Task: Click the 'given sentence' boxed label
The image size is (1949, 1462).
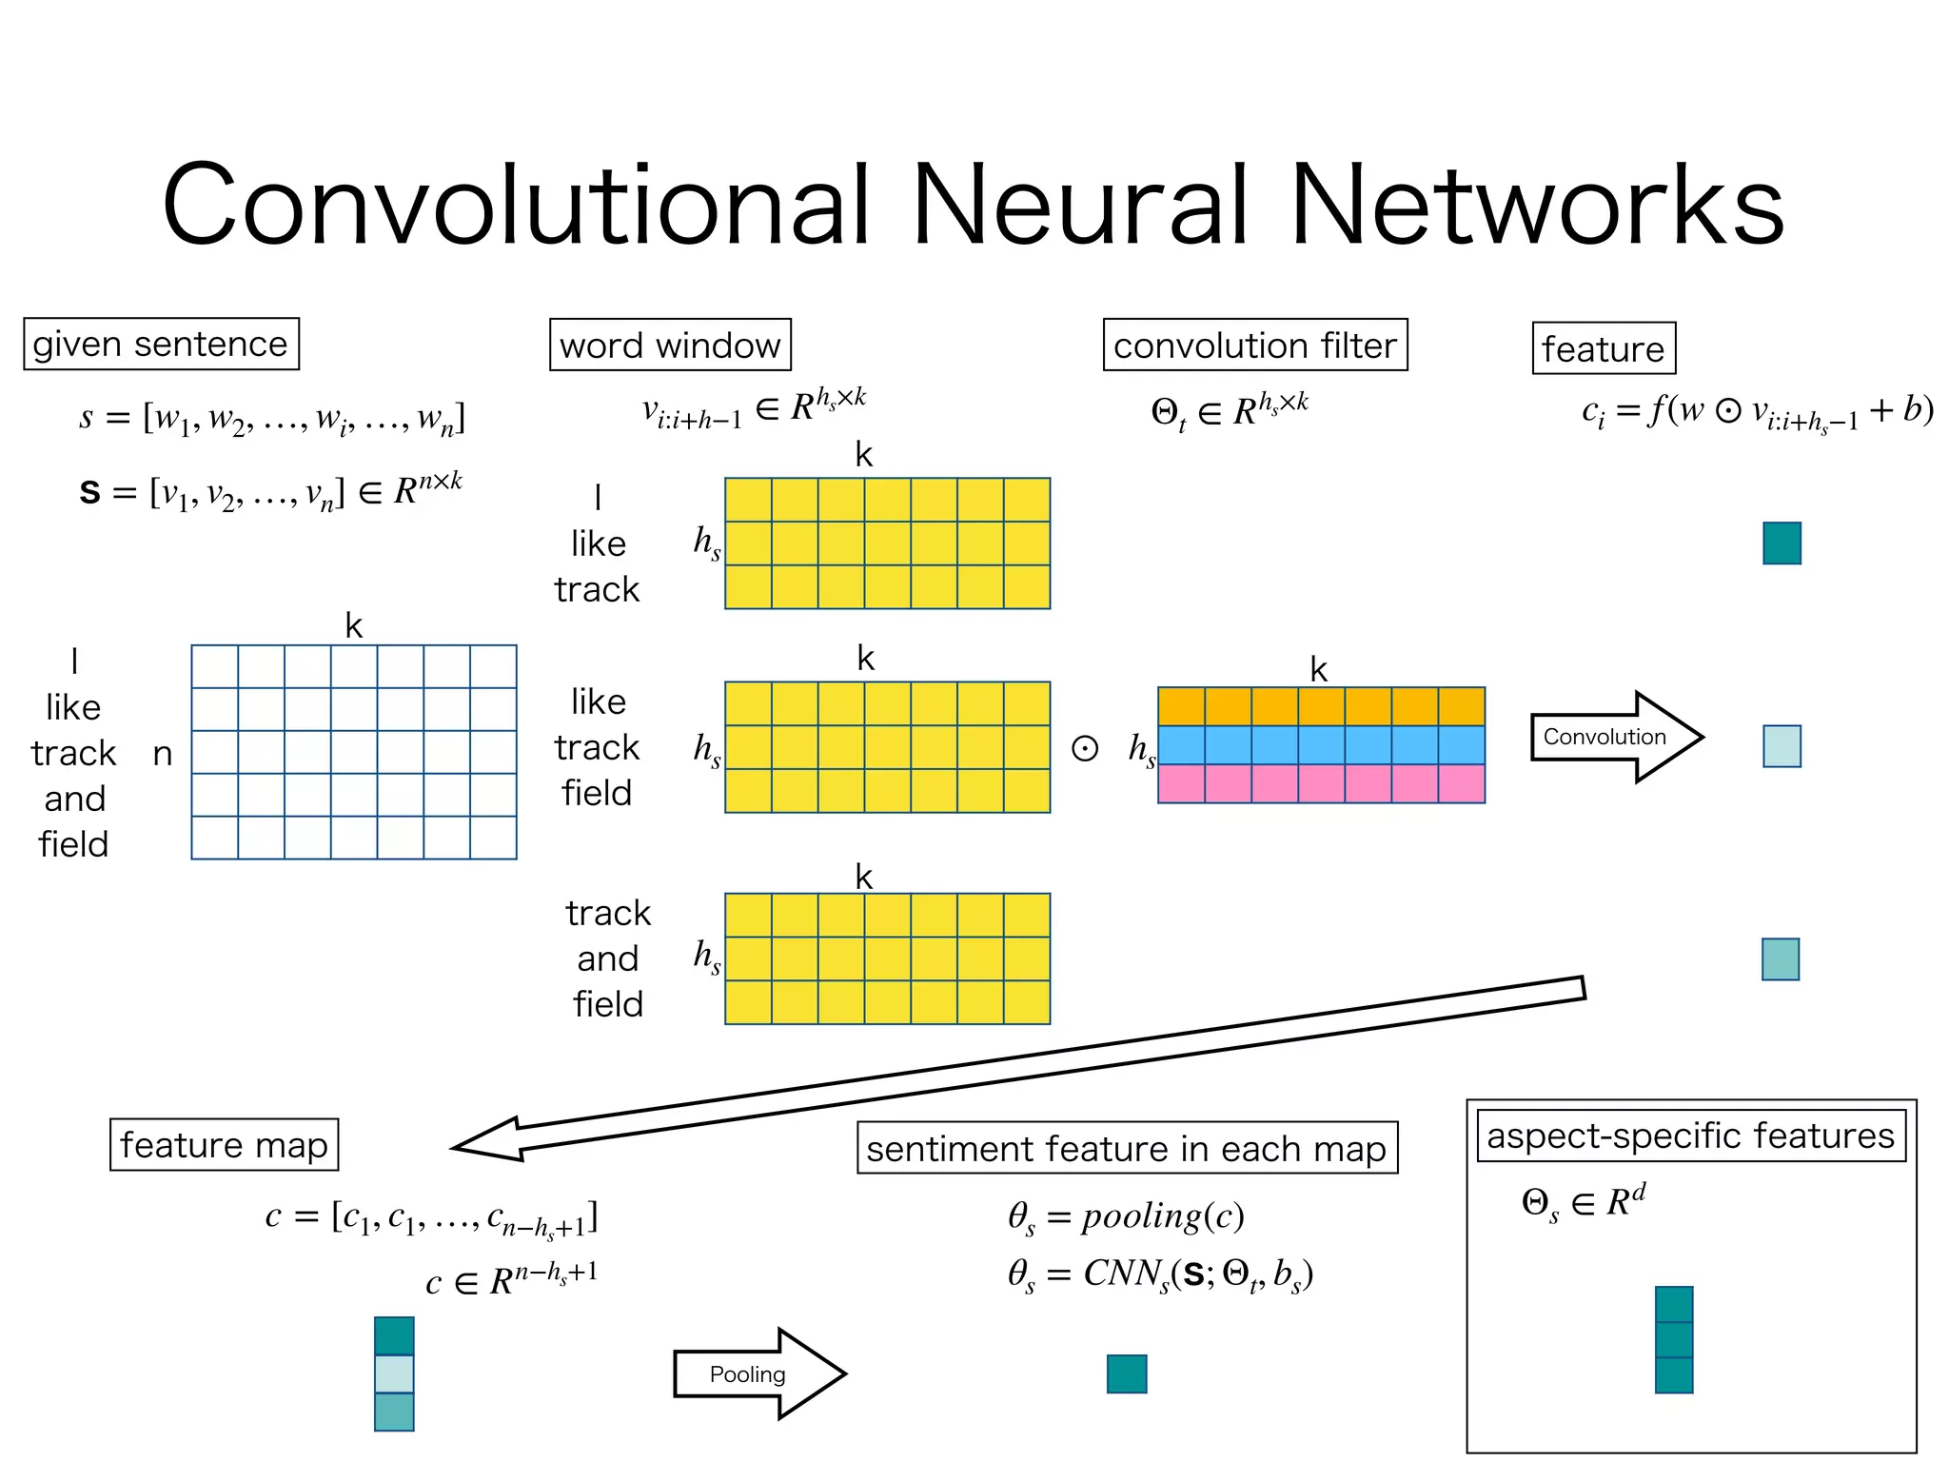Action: (x=161, y=344)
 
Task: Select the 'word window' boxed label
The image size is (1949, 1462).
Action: (x=670, y=345)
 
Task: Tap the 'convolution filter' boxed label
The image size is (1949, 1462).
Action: (x=1254, y=345)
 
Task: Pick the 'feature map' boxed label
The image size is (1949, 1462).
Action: (x=224, y=1144)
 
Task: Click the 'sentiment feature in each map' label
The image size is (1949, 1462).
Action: (x=1127, y=1148)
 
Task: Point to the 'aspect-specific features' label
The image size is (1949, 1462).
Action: (x=1690, y=1136)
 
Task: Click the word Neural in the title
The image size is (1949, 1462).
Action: (x=1079, y=205)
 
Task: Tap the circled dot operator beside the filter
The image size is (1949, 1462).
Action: (x=1085, y=748)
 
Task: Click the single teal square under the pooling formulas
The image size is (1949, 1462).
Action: (x=1127, y=1373)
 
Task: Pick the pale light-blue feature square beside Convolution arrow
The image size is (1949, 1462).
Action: (x=1782, y=746)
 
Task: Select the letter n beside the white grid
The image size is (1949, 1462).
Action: (x=163, y=754)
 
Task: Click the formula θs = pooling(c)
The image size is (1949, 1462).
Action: (x=1126, y=1216)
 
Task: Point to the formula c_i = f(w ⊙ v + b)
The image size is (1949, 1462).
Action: (x=1757, y=411)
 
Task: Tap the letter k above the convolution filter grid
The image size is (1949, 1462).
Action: (x=1318, y=669)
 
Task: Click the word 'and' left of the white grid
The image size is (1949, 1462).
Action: (x=74, y=799)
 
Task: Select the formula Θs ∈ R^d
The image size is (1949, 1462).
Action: (x=1583, y=1202)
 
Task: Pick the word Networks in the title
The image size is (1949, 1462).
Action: (x=1536, y=205)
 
